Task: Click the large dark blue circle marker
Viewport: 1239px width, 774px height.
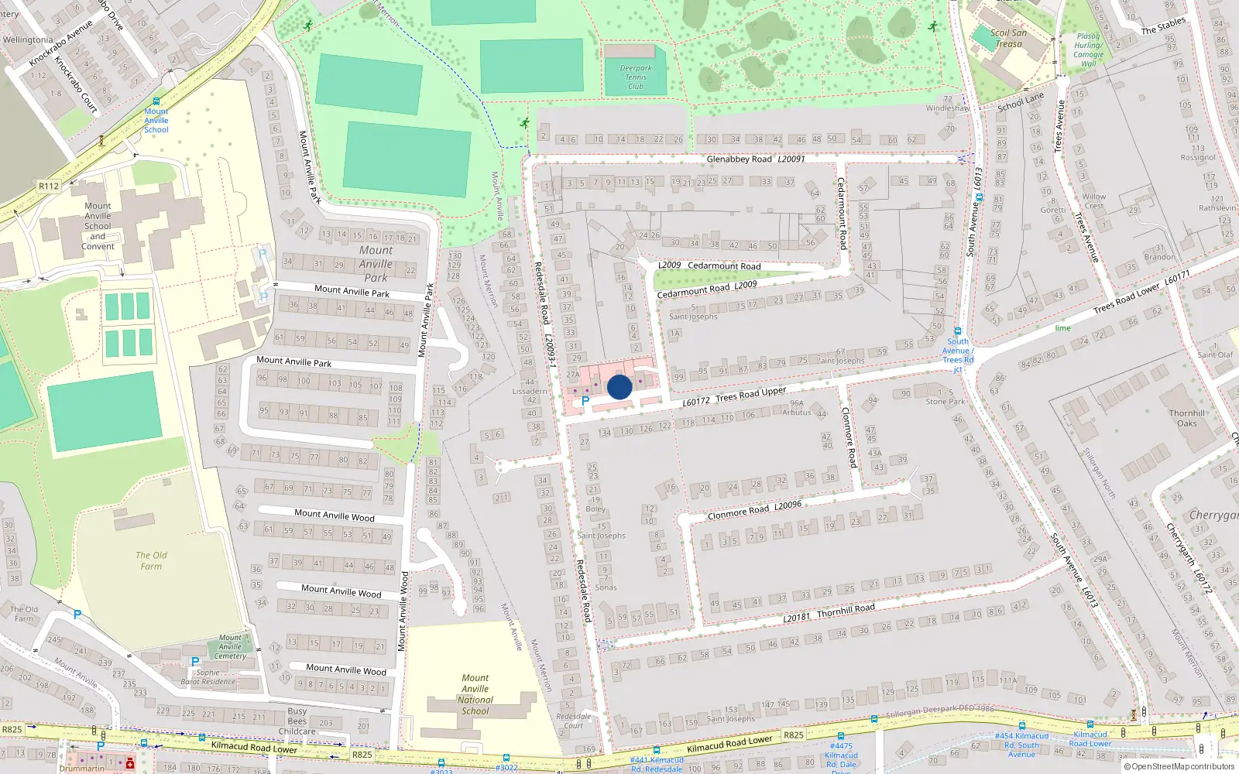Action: [619, 387]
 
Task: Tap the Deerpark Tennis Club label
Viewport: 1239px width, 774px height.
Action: [636, 77]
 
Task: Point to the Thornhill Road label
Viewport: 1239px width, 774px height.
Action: [846, 610]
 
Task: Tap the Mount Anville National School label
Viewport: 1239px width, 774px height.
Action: [475, 694]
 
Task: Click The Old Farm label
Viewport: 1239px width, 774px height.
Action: [151, 560]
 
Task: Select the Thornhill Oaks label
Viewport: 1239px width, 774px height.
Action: [1187, 418]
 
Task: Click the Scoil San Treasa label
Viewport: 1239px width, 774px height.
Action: [1008, 38]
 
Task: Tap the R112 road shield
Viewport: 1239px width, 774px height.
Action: [49, 186]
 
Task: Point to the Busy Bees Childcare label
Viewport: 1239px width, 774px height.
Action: [297, 721]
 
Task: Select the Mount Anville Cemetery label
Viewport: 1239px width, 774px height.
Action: [230, 647]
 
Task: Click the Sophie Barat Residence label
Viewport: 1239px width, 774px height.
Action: [208, 677]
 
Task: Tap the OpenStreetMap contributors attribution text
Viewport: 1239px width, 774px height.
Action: [1182, 766]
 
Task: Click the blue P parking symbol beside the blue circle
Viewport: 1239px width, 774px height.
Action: [585, 402]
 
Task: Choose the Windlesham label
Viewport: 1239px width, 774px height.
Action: [947, 108]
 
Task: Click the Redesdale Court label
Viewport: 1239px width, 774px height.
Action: [574, 721]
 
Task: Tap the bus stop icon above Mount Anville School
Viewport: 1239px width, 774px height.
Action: [156, 101]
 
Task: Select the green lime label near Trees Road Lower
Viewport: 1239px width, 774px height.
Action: [1062, 328]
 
